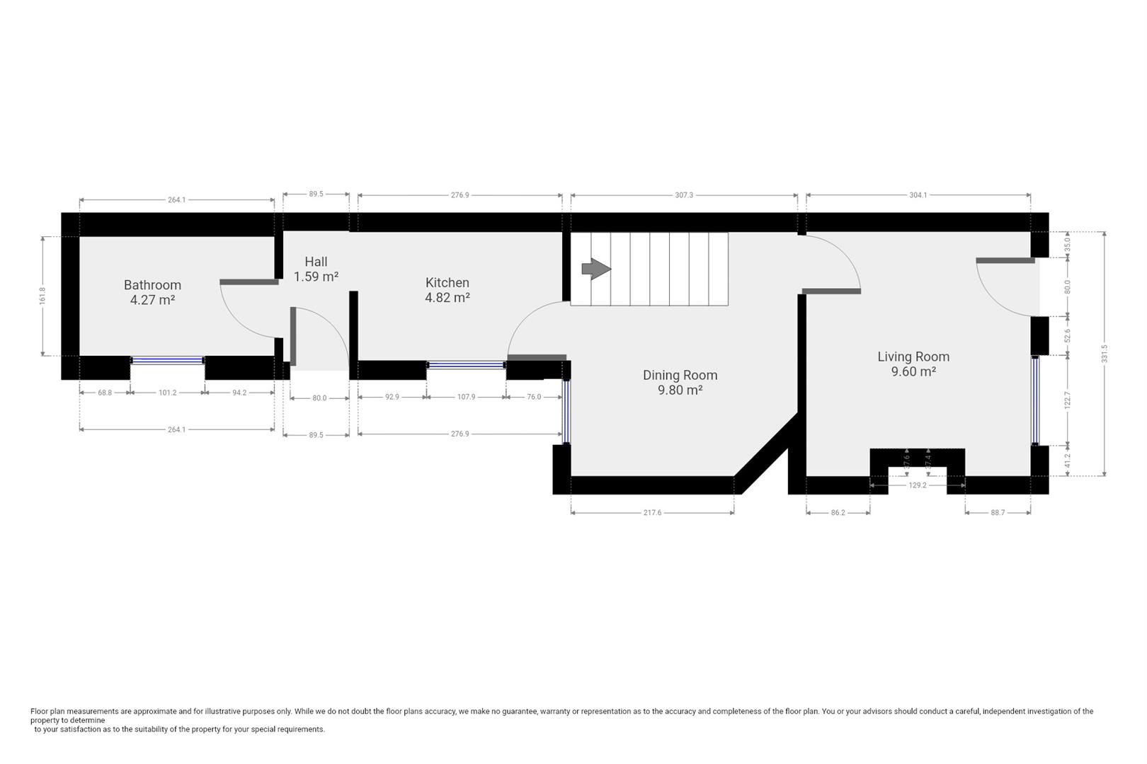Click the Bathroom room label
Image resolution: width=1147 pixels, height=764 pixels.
(x=152, y=285)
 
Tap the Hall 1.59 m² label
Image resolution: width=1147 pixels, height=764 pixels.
(x=316, y=270)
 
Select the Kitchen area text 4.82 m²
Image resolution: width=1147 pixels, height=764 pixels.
(x=447, y=299)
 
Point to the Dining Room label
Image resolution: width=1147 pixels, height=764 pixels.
(x=680, y=375)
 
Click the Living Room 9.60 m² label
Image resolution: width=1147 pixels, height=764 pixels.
(x=913, y=364)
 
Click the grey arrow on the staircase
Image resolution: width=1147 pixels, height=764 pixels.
(x=595, y=269)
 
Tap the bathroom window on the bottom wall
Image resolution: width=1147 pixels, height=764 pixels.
(x=168, y=361)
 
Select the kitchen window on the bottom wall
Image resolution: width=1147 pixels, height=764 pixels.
(x=466, y=365)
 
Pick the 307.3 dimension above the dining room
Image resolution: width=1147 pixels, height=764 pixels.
(x=684, y=195)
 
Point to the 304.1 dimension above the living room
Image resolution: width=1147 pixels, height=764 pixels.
(x=918, y=195)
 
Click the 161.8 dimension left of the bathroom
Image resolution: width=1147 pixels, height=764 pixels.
(x=43, y=296)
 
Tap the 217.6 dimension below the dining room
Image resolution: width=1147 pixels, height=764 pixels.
(x=652, y=513)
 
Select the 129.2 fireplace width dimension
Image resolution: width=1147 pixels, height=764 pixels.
(x=917, y=485)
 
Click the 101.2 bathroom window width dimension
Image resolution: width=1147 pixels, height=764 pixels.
(x=167, y=393)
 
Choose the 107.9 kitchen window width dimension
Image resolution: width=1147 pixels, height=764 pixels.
(x=466, y=397)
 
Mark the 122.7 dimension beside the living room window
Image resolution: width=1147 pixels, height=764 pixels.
(x=1068, y=400)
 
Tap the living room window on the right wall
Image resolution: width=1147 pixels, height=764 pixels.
(x=1035, y=400)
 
